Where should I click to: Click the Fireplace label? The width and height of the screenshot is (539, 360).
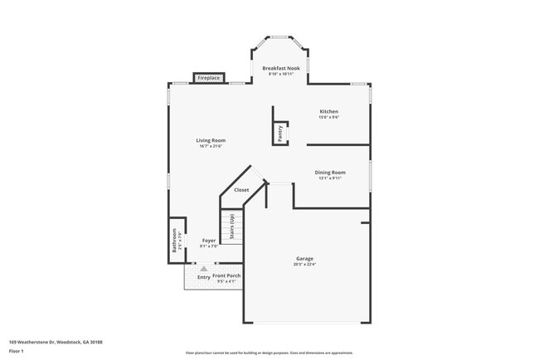coord(208,78)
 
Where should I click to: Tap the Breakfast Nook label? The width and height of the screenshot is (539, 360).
coord(282,68)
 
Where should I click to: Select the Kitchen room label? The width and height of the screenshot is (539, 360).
coord(329,111)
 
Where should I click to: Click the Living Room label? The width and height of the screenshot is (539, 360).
coord(211,140)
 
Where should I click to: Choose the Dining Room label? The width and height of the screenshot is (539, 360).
coord(331,172)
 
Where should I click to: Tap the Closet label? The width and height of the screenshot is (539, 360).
coord(241,190)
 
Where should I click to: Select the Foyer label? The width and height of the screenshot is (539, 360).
coord(209,241)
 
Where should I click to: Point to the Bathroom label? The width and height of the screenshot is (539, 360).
coord(174,240)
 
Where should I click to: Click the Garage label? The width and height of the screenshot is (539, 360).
coord(304,258)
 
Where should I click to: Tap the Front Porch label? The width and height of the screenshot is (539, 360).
coord(226,275)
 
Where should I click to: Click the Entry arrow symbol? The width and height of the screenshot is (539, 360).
coord(202,269)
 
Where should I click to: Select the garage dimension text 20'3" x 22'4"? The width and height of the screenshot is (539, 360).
coord(304,265)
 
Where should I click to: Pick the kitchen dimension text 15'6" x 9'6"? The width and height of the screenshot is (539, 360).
coord(329,118)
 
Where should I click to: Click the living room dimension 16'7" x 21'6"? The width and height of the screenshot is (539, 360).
coord(211,146)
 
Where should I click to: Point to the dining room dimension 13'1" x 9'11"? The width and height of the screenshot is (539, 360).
coord(331,178)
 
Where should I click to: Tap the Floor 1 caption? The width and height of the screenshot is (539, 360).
coord(17,351)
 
